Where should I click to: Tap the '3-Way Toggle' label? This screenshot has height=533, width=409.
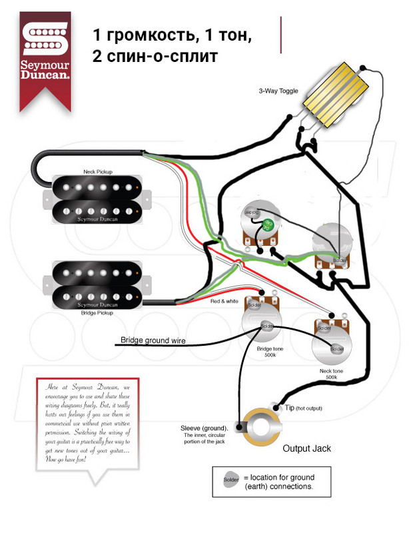[x=278, y=91]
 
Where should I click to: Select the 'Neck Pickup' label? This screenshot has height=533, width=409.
[x=98, y=171]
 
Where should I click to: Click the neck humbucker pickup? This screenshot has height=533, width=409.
[x=97, y=199]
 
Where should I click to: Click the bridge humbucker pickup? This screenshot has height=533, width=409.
[x=97, y=284]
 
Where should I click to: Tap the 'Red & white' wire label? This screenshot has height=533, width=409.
[x=224, y=302]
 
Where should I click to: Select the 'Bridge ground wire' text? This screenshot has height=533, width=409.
[x=153, y=340]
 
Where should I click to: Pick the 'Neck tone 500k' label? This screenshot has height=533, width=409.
[x=331, y=374]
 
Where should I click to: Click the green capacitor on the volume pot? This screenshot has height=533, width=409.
[x=268, y=223]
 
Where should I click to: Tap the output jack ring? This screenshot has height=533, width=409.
[x=260, y=426]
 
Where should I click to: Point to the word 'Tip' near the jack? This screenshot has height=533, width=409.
[x=289, y=407]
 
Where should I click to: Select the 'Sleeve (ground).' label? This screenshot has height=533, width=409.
[x=204, y=428]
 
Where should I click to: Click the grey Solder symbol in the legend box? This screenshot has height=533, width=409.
[x=230, y=480]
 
